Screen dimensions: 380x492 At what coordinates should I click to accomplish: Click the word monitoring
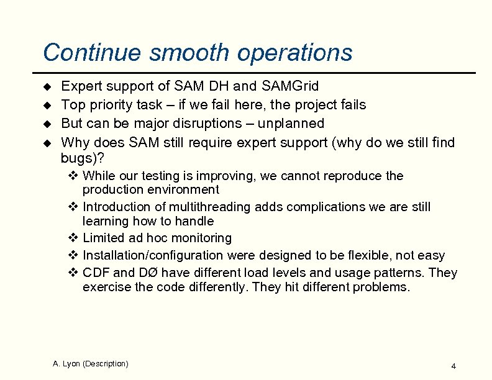coord(202,238)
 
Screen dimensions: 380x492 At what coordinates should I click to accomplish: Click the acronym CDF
coord(96,273)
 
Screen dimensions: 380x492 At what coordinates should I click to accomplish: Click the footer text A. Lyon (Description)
coord(91,363)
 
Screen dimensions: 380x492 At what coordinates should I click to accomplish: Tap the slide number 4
coord(453,366)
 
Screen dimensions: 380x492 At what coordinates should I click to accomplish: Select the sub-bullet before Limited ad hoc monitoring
coord(73,238)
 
